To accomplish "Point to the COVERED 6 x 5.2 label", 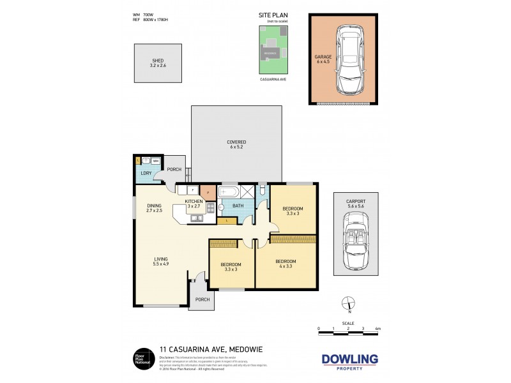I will click(236, 144).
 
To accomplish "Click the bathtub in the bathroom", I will click(228, 191).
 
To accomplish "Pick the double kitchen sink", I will click(197, 218).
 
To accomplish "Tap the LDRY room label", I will click(145, 174).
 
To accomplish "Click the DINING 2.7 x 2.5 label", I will click(155, 207).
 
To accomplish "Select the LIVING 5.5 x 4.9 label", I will click(160, 260).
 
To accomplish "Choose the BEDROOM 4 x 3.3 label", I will click(286, 264).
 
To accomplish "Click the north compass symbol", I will click(348, 304).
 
